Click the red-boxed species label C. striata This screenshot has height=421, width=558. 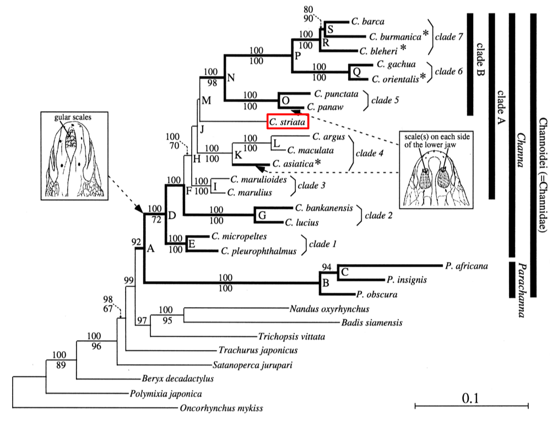pos(287,122)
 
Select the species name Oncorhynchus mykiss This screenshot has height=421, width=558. pos(221,408)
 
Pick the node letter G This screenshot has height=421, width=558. pos(262,215)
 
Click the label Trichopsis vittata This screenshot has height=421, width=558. pos(289,336)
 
